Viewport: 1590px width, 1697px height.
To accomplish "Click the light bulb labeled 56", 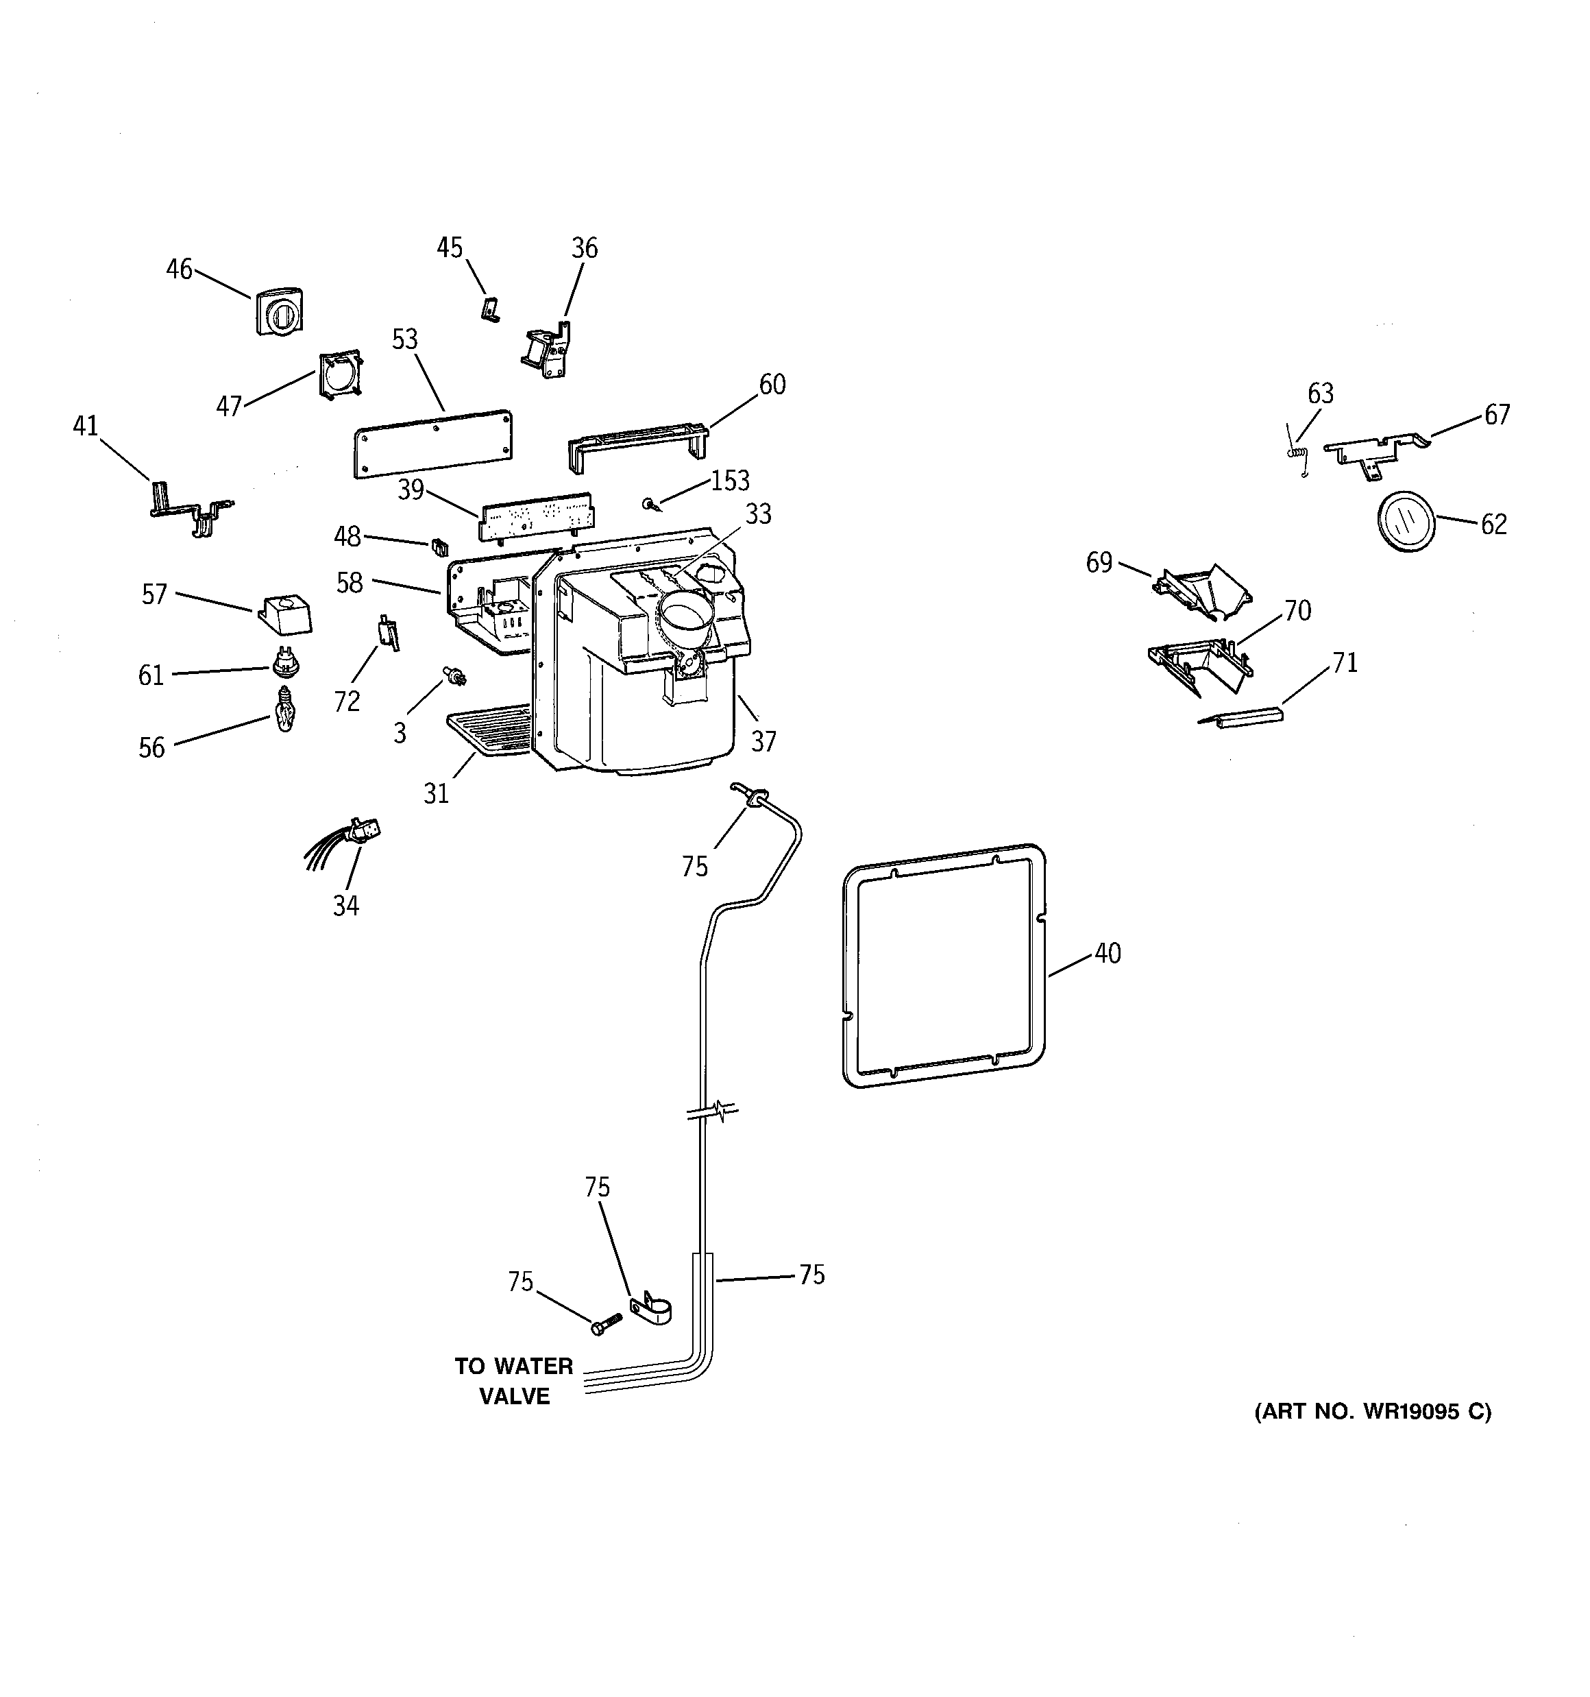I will click(x=284, y=711).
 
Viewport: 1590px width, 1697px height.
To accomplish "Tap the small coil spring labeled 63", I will click(x=1298, y=453).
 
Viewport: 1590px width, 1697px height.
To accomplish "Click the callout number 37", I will click(x=763, y=742).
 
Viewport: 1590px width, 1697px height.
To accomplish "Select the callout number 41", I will click(x=86, y=425).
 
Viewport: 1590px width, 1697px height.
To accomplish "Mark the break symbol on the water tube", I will click(x=711, y=1111).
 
